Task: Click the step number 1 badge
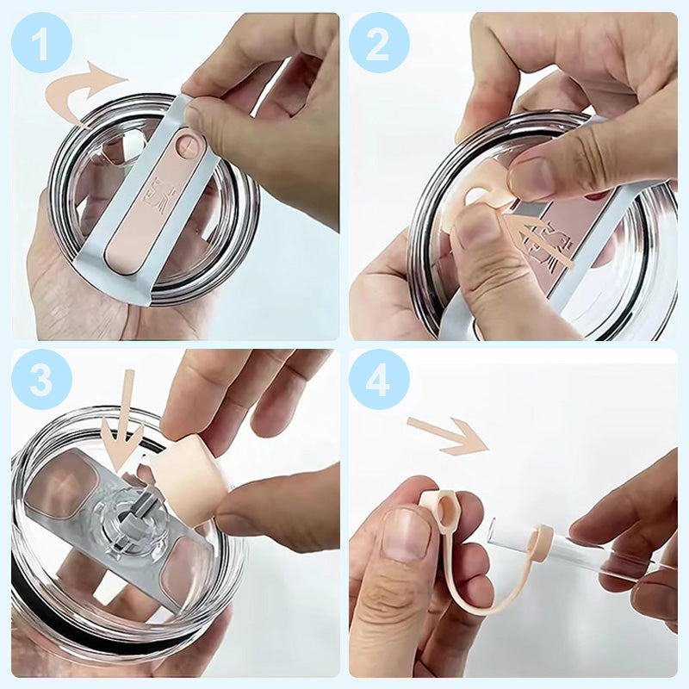41,42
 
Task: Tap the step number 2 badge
379,42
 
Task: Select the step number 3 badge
41,379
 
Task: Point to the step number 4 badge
379,379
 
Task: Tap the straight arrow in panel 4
449,435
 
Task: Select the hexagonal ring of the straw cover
439,509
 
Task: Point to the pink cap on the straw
541,544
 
